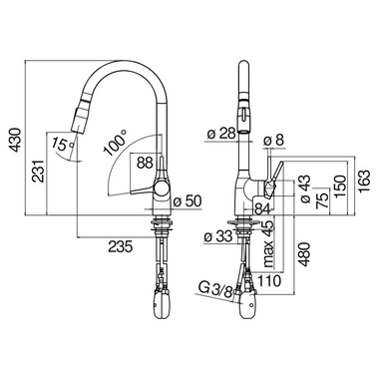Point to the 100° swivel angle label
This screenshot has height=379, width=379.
114,147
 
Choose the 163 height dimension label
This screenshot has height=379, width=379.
367,182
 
